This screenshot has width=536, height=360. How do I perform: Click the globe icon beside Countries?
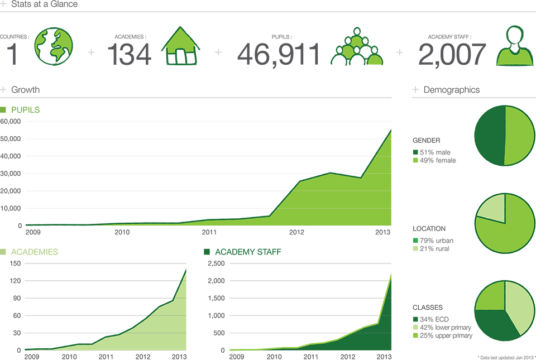pyautogui.click(x=54, y=46)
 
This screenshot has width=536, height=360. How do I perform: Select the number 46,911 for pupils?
pyautogui.click(x=279, y=54)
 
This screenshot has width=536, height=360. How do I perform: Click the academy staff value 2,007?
pyautogui.click(x=452, y=54)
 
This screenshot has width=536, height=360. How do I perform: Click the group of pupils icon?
pyautogui.click(x=357, y=46)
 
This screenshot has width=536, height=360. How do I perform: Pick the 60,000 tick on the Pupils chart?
pyautogui.click(x=11, y=121)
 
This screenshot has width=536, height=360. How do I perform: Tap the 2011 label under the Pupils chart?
pyautogui.click(x=209, y=232)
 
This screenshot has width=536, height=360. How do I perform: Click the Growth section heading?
pyautogui.click(x=25, y=89)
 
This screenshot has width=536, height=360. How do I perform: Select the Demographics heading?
pyautogui.click(x=452, y=89)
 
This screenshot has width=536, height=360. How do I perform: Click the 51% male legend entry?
pyautogui.click(x=432, y=152)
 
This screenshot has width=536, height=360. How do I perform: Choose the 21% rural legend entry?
pyautogui.click(x=431, y=249)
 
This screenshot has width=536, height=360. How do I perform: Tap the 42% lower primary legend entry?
pyautogui.click(x=442, y=328)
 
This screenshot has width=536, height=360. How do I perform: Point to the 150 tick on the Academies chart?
pyautogui.click(x=16, y=263)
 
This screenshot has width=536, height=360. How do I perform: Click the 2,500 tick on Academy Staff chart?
pyautogui.click(x=217, y=263)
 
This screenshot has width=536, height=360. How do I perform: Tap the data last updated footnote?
pyautogui.click(x=506, y=358)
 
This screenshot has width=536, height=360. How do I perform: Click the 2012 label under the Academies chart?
pyautogui.click(x=143, y=357)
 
